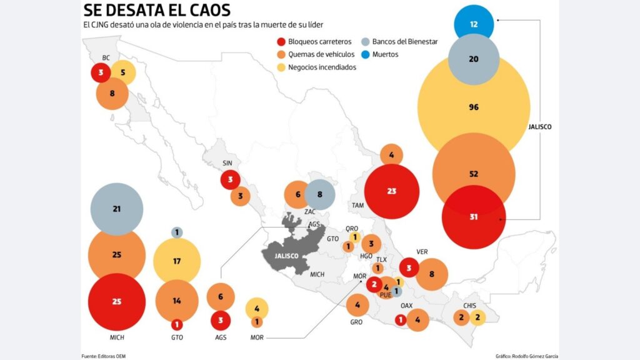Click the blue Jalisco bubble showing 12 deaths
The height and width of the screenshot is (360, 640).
pyautogui.click(x=474, y=24)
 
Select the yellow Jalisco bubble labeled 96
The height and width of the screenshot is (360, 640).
pyautogui.click(x=474, y=107)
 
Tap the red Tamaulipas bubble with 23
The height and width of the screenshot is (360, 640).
pyautogui.click(x=392, y=191)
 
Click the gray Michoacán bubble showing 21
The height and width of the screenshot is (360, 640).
pyautogui.click(x=117, y=209)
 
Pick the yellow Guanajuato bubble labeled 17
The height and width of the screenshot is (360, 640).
pyautogui.click(x=177, y=261)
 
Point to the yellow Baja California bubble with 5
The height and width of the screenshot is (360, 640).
pyautogui.click(x=123, y=72)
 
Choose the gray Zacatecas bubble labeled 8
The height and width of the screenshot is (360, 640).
pyautogui.click(x=320, y=194)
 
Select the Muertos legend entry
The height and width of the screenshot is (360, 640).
pyautogui.click(x=385, y=54)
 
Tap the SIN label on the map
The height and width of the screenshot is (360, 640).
pyautogui.click(x=227, y=164)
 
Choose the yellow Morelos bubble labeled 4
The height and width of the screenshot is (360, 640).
pyautogui.click(x=257, y=308)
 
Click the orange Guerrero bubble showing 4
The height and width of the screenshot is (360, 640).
pyautogui.click(x=357, y=305)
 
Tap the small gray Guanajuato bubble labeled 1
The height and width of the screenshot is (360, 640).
pyautogui.click(x=177, y=232)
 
